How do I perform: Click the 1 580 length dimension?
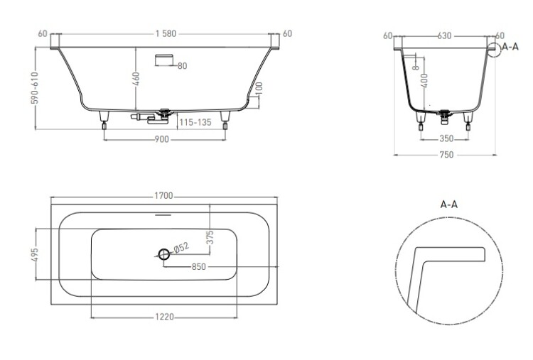point(166,33)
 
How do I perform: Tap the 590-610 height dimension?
point(36,88)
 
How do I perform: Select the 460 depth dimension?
point(136,79)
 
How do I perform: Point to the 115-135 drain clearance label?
point(195,122)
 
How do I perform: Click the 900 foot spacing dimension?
point(161,139)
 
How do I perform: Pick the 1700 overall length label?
point(164,196)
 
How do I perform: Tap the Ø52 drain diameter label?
point(181,248)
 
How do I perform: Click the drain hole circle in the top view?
point(164,253)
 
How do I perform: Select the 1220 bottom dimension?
point(165,317)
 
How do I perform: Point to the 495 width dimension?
point(35,254)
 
